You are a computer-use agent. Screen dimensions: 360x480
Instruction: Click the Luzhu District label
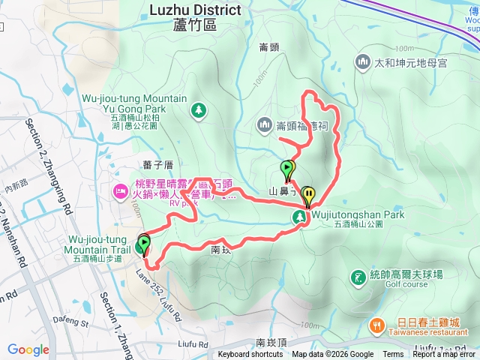coord(195,10)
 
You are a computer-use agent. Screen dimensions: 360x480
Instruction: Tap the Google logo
coord(28,349)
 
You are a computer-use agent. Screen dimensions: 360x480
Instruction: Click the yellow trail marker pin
coord(308,195)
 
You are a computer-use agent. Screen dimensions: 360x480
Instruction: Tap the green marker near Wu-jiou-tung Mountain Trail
coord(142,244)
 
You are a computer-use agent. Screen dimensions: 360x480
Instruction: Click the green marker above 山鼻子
coord(286,169)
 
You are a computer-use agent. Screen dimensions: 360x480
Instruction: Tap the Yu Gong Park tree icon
coord(198,110)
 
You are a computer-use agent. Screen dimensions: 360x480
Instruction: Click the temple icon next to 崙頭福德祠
coord(264,124)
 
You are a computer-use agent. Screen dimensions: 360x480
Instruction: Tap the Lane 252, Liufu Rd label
coord(158,284)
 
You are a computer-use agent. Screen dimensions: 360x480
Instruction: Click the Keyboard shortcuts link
coord(250,355)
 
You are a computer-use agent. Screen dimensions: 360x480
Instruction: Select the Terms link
coord(392,355)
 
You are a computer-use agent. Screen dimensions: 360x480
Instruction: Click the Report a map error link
coord(445,355)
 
